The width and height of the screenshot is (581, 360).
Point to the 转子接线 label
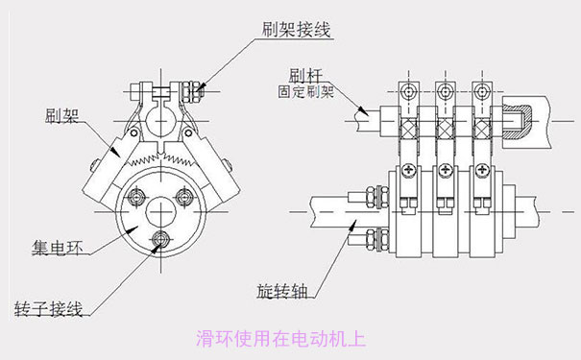point(48,309)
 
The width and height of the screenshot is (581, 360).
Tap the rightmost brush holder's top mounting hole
point(477,91)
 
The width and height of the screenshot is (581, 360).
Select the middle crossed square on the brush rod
point(443,130)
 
